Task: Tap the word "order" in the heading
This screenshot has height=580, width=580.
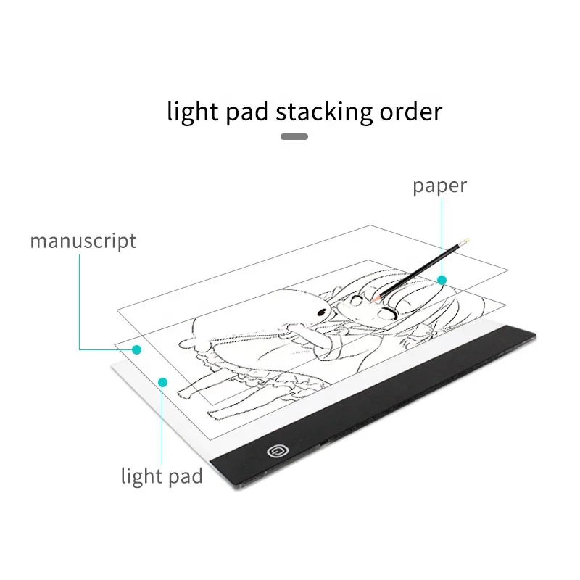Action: [410, 112]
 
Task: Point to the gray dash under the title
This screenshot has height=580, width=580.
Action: [294, 136]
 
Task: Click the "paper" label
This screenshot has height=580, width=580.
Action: [439, 186]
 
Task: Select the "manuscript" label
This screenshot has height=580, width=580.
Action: [83, 241]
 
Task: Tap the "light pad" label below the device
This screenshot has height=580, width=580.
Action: [162, 476]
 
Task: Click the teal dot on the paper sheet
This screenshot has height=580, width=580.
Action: [441, 279]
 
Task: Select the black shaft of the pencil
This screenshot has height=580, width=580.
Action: [420, 268]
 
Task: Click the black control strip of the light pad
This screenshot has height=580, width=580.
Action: [406, 406]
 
